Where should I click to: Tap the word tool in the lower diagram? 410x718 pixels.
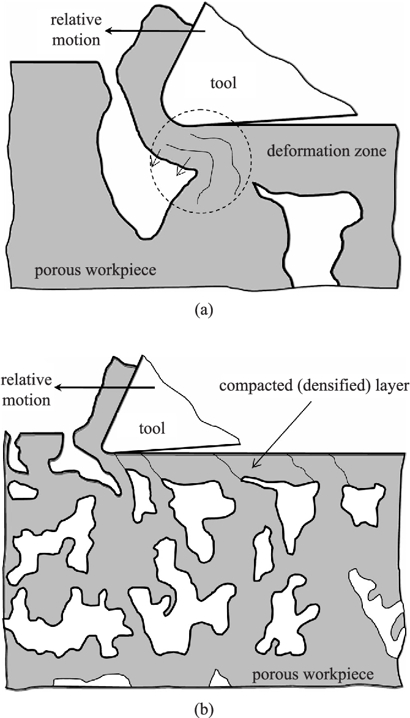coord(152,428)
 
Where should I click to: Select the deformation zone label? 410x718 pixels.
coord(327,150)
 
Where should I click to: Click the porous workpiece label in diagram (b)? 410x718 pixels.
coord(312,675)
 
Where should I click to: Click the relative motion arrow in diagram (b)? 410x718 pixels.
coord(103,387)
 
